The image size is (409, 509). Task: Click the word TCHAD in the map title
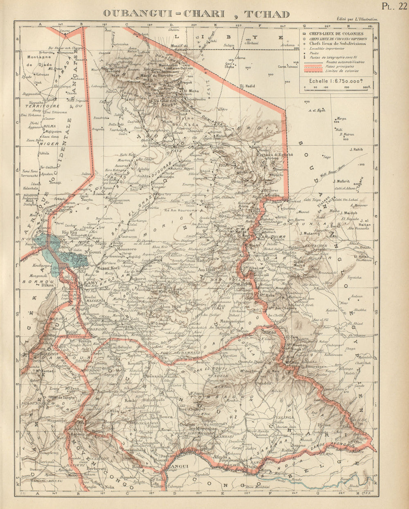click(267, 13)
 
